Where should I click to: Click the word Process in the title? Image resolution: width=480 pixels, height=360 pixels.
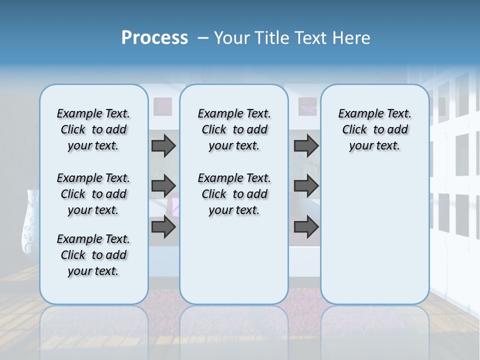click(x=154, y=38)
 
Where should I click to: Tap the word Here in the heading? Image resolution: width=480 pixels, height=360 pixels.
click(x=353, y=38)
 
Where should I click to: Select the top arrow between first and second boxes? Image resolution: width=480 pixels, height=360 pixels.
click(x=163, y=145)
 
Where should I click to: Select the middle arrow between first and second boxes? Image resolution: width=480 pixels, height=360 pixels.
click(x=163, y=186)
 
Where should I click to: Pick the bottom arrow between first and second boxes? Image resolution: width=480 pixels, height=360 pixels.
click(x=163, y=226)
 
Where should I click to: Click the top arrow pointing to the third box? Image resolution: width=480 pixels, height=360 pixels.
click(x=306, y=145)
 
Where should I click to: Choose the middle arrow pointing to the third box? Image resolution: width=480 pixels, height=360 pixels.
click(x=306, y=186)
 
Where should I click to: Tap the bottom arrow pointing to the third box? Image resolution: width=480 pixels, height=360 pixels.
click(x=306, y=226)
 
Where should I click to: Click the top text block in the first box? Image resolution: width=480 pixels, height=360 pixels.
click(x=93, y=129)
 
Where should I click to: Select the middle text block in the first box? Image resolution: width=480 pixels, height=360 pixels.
click(x=93, y=194)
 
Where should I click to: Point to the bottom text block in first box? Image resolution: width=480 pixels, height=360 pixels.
click(x=93, y=255)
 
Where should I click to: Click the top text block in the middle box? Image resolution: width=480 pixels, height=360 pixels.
click(x=234, y=129)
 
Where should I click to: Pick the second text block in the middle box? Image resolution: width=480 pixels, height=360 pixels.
click(x=234, y=194)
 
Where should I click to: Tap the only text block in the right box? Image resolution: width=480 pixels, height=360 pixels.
click(x=374, y=129)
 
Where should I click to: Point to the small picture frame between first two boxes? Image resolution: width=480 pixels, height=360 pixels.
click(x=162, y=106)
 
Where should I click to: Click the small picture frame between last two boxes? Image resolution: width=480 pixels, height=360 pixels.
click(x=307, y=106)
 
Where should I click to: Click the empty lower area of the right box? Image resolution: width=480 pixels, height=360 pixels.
click(x=374, y=235)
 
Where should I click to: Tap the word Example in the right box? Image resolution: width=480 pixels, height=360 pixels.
click(x=358, y=114)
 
